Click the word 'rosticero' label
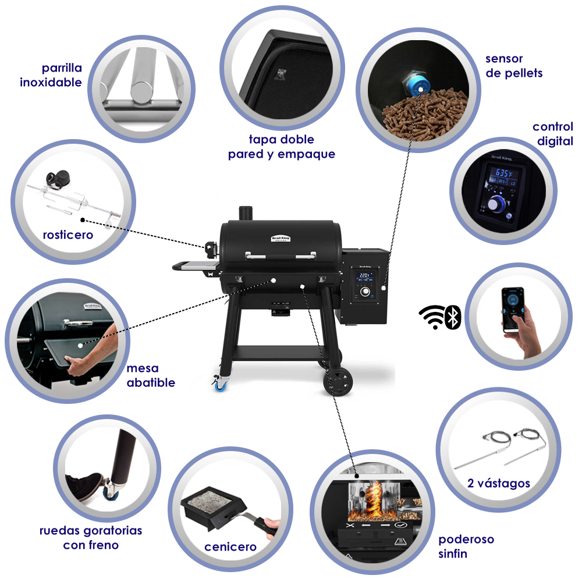coord(68,235)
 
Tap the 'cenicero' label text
coord(230,546)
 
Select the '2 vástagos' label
coord(499,483)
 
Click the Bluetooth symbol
coord(453,317)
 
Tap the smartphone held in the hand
coord(513,310)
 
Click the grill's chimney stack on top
coord(246,214)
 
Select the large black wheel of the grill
coord(338,382)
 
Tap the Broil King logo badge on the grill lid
coord(281,238)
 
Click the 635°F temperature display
coord(503,173)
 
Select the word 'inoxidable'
coord(51,83)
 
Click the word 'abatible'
coord(151,383)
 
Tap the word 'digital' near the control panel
coord(555,141)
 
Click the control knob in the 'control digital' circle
coord(495,203)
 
